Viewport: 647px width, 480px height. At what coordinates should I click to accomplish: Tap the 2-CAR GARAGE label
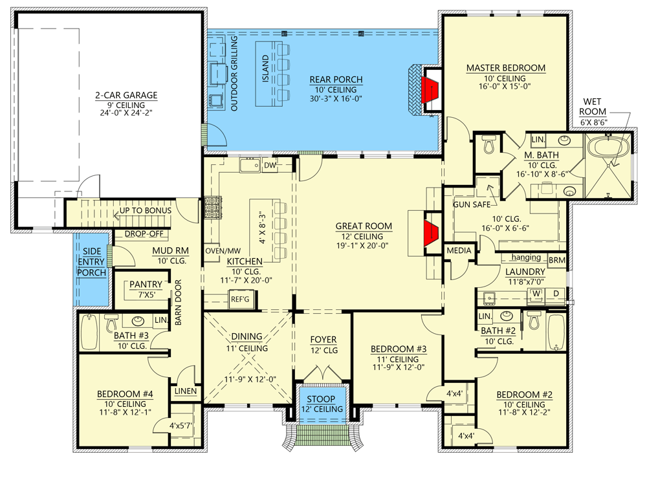click(126, 95)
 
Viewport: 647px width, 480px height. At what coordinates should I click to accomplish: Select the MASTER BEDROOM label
click(505, 68)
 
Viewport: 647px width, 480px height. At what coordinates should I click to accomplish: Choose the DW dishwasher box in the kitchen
click(270, 166)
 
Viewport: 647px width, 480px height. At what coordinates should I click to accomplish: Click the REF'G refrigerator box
click(239, 299)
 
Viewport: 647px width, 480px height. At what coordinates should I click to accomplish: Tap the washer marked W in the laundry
click(536, 292)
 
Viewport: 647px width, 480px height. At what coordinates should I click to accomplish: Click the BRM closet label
click(556, 260)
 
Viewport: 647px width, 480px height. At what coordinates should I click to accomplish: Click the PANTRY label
click(146, 284)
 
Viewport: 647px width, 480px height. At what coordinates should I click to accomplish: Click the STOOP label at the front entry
click(322, 400)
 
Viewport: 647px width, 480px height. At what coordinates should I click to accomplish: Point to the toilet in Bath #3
click(111, 322)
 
